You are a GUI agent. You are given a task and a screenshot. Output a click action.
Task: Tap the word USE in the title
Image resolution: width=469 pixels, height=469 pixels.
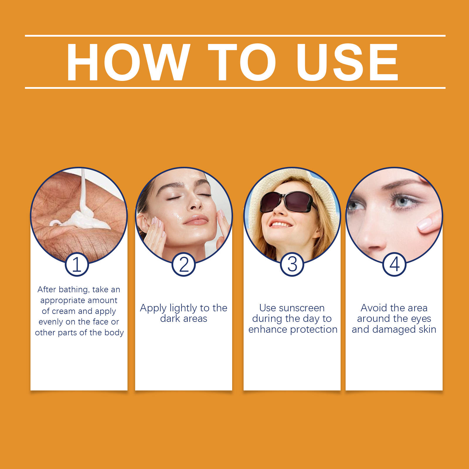(x=347, y=62)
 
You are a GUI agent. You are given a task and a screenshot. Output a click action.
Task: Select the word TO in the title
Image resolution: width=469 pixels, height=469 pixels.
(x=242, y=62)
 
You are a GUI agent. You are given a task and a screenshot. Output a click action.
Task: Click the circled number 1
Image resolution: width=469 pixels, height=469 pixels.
(x=77, y=264)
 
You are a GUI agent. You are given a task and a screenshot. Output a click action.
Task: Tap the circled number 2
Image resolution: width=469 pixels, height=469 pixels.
(x=184, y=264)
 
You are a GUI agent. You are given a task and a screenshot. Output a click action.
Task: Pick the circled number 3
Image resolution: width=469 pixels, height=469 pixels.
(x=292, y=264)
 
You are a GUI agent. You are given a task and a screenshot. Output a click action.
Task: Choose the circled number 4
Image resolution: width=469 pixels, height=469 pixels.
(x=395, y=264)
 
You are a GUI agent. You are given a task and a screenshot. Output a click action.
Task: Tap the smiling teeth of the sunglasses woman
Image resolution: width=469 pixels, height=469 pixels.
(x=281, y=225)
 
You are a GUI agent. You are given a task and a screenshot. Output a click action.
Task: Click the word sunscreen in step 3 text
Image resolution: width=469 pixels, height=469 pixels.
(x=302, y=308)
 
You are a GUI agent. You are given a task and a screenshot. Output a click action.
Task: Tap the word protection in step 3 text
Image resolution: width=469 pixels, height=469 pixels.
(x=314, y=330)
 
